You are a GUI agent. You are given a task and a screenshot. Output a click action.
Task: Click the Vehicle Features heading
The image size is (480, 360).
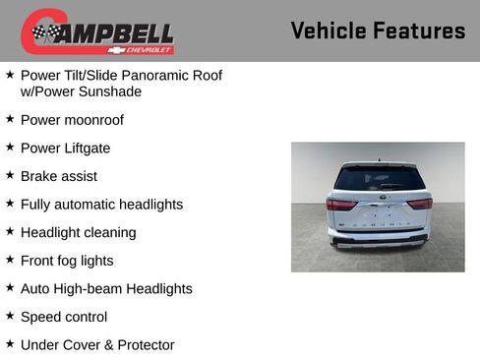[378, 30]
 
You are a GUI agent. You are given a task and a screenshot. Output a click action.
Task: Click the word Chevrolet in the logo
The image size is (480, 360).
[148, 48]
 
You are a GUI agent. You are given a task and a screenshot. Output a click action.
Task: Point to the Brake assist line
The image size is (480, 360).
[59, 176]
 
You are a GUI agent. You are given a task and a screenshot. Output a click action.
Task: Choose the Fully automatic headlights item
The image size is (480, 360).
[101, 205]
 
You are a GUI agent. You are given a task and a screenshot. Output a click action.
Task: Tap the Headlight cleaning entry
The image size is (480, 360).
[78, 232]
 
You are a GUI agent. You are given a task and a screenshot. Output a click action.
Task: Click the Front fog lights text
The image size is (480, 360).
[67, 261]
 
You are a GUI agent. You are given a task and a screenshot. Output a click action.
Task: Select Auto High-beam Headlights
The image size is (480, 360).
[106, 289]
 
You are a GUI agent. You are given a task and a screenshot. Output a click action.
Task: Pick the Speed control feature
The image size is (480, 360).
[64, 317]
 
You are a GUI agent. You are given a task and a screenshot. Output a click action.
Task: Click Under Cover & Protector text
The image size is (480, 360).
[97, 345]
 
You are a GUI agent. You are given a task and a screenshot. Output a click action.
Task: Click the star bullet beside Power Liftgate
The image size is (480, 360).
[10, 147]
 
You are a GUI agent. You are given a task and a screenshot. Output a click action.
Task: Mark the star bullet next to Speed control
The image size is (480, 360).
[10, 316]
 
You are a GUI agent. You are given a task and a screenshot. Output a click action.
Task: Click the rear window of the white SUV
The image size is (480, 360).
[379, 178]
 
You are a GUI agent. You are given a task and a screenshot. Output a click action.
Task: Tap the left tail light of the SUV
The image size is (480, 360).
[340, 204]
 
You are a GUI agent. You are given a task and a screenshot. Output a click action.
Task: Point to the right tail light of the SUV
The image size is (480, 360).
[420, 204]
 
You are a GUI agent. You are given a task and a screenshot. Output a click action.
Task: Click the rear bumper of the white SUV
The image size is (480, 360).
[379, 238]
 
